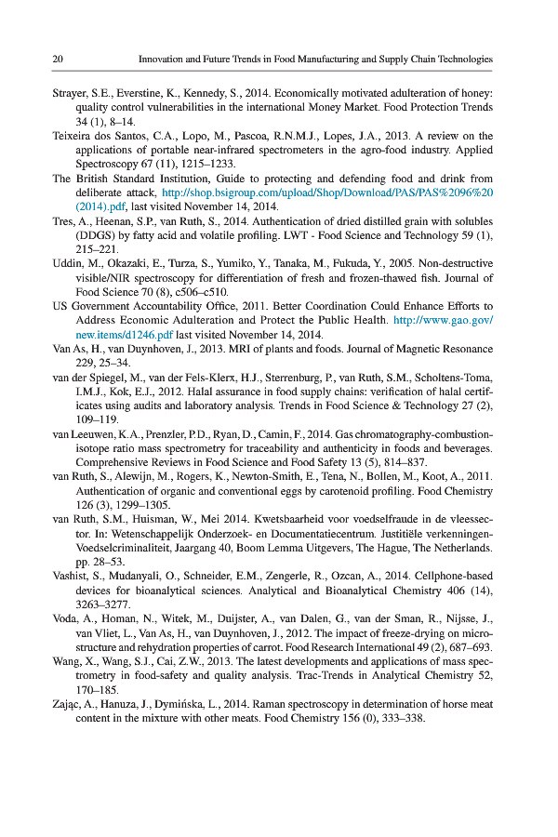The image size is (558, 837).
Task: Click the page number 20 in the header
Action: [x=57, y=59]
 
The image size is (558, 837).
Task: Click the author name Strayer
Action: [x=69, y=94]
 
